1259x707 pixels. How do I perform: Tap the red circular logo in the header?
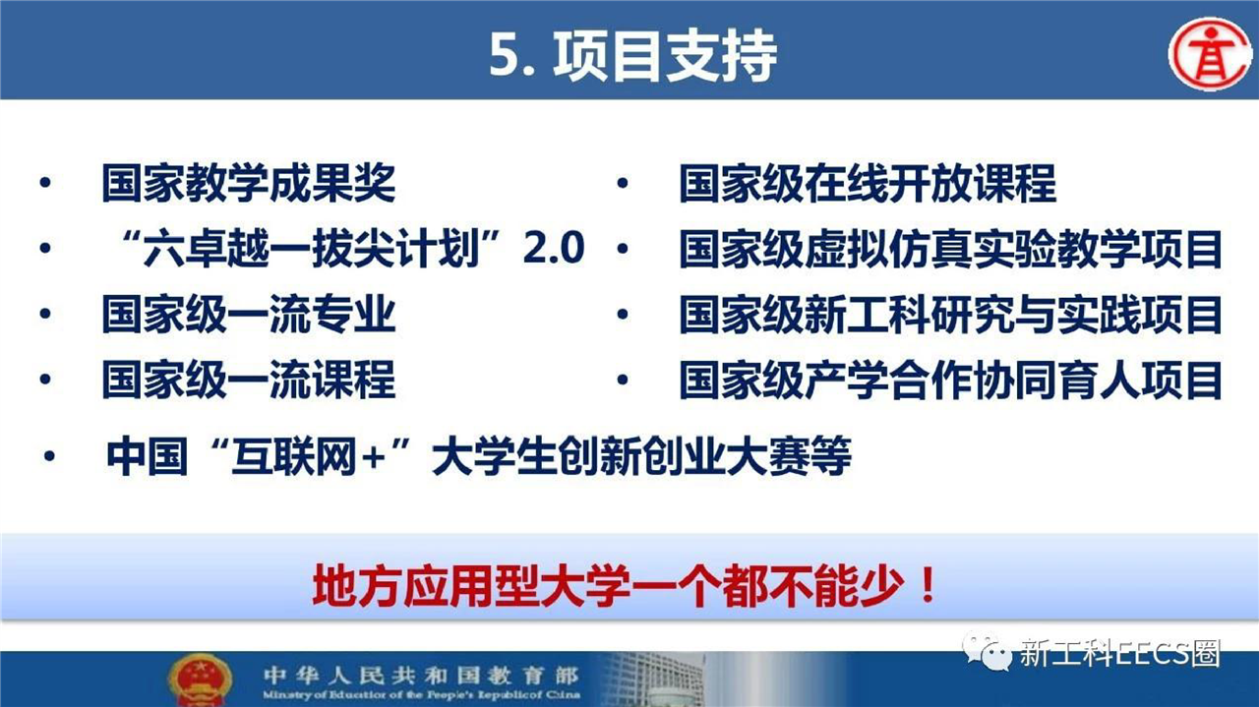pos(1210,54)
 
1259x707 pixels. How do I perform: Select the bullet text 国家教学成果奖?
pos(249,183)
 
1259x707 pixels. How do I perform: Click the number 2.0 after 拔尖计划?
pos(554,248)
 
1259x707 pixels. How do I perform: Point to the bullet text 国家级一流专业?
pos(249,314)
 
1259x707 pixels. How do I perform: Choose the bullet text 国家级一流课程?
pos(249,380)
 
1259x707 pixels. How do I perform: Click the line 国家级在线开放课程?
pos(868,183)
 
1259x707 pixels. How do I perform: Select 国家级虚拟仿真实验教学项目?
pos(950,249)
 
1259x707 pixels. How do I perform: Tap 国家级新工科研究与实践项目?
pos(950,314)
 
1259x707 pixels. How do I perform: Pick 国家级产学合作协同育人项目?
pos(950,380)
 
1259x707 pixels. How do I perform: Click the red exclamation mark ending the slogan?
pos(928,586)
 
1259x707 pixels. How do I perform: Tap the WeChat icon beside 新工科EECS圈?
pos(987,651)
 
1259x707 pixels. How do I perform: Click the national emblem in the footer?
pos(200,679)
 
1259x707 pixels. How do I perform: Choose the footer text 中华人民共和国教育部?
pos(421,675)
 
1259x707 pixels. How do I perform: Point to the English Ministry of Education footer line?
pos(421,695)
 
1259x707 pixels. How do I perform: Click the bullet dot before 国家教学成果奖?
pos(45,183)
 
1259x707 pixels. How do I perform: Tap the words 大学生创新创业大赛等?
pos(641,456)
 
